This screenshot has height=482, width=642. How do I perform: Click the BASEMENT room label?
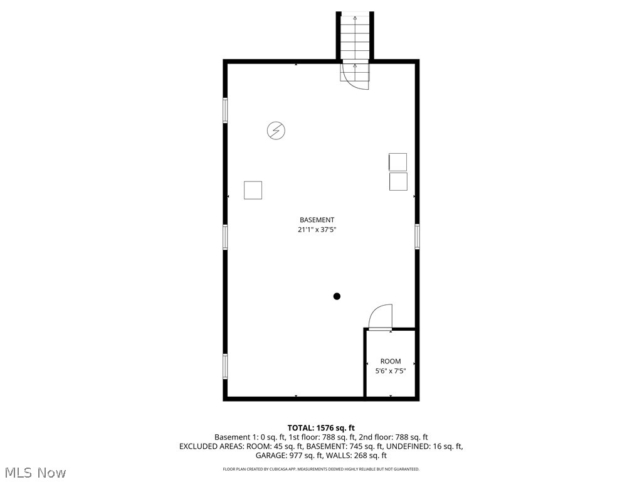(317, 220)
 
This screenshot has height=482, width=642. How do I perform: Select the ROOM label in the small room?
(390, 361)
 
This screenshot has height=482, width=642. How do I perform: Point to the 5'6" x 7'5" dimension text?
(390, 371)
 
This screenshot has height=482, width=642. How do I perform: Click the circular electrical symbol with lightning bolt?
(276, 131)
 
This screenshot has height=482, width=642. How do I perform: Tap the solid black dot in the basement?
(337, 296)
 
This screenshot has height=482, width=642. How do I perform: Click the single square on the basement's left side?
(253, 190)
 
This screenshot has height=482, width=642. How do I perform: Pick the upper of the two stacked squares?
(397, 162)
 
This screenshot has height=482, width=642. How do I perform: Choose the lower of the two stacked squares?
(397, 182)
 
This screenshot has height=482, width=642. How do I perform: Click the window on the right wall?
(417, 237)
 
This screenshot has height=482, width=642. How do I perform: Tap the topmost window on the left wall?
(225, 110)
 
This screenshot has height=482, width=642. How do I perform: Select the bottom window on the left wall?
(225, 366)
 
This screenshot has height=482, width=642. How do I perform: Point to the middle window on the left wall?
(225, 237)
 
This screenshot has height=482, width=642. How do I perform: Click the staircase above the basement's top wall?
(355, 36)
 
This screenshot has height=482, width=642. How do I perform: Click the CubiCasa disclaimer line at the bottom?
(321, 469)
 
